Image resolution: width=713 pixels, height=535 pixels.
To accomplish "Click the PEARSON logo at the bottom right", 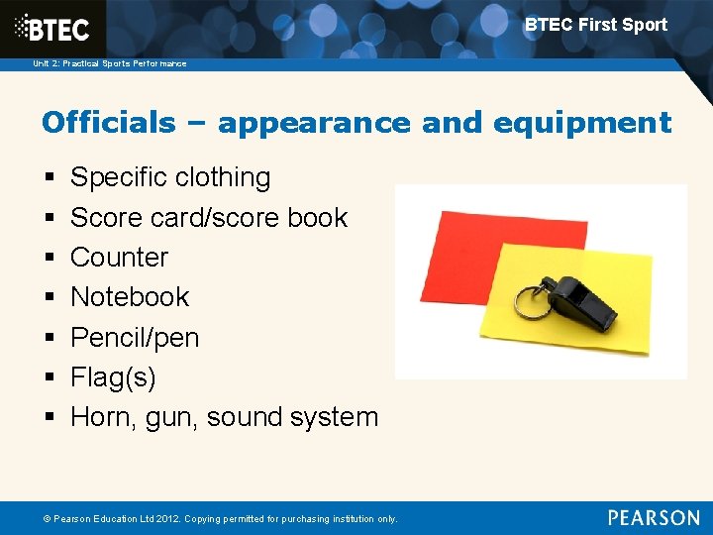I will point(654,517).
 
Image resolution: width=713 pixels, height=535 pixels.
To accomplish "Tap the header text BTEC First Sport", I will point(595,25).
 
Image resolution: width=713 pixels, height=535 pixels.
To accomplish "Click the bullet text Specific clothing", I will point(170,177).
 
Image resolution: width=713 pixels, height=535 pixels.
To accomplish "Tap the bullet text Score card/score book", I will point(209,217).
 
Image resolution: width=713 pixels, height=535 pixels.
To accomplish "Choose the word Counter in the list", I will point(119,257).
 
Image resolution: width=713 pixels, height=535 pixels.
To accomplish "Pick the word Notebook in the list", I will point(130,296).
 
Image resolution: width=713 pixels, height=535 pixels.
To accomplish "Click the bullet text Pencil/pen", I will point(135,337).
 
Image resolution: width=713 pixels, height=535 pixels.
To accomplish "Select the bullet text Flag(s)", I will point(113,376).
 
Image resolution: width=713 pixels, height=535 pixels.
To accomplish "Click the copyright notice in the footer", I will point(212,519).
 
